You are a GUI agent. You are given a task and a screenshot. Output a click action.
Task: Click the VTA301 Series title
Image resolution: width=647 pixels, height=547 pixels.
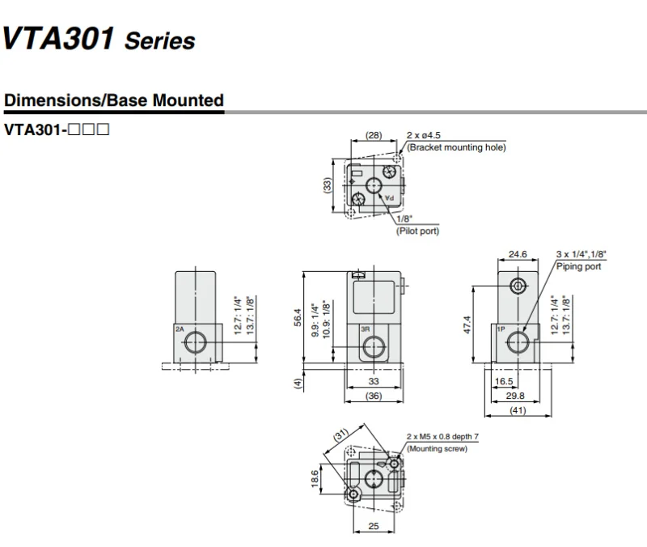tap(99, 39)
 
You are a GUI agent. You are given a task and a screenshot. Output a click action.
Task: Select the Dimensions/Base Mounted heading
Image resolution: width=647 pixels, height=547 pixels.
tap(114, 100)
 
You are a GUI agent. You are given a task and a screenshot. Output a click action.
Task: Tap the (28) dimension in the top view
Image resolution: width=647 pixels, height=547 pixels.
tap(374, 135)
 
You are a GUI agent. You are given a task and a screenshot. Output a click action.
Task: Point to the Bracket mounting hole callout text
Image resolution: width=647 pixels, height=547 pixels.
tap(456, 147)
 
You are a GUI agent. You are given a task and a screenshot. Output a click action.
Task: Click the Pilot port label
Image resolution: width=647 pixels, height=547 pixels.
tap(417, 231)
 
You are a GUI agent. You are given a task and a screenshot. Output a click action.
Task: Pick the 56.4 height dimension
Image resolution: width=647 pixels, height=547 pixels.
tap(298, 317)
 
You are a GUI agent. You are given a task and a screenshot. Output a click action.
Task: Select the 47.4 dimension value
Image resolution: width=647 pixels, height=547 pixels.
tap(467, 325)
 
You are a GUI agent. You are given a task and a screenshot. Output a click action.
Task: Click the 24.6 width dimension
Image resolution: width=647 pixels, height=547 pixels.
tap(518, 254)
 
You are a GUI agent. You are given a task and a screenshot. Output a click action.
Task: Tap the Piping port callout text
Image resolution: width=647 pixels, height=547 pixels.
tap(578, 266)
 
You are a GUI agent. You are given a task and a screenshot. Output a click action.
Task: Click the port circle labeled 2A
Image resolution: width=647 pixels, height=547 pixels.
tap(195, 343)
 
